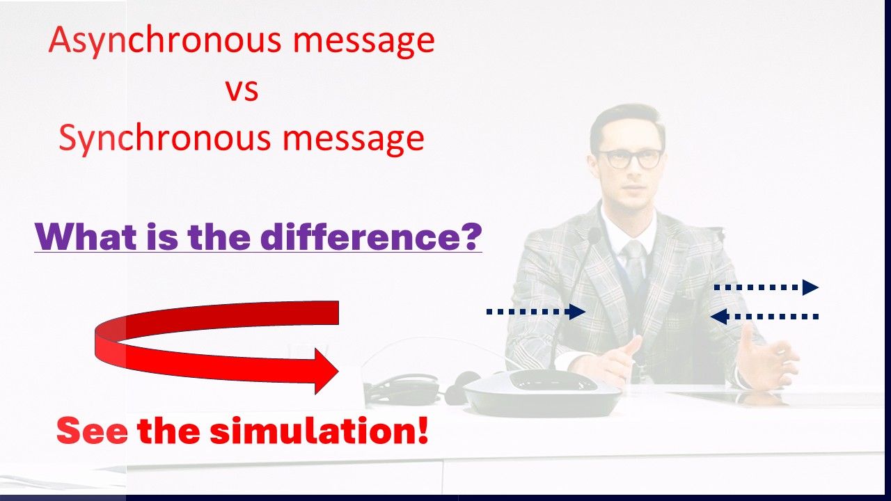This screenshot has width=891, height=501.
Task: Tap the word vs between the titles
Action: click(242, 90)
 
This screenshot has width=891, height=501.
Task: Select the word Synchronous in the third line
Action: click(165, 138)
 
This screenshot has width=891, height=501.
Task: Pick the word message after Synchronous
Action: click(354, 140)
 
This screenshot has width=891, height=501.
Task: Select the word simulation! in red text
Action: click(319, 430)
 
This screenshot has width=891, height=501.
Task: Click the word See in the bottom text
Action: click(93, 431)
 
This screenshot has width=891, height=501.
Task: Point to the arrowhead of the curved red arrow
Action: click(326, 372)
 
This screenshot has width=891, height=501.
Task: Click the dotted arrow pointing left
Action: click(764, 317)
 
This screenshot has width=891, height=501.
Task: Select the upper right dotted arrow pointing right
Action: click(766, 287)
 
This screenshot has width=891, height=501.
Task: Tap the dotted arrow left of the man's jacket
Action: click(536, 312)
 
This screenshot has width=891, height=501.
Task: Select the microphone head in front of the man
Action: click(594, 236)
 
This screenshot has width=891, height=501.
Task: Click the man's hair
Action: click(627, 124)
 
